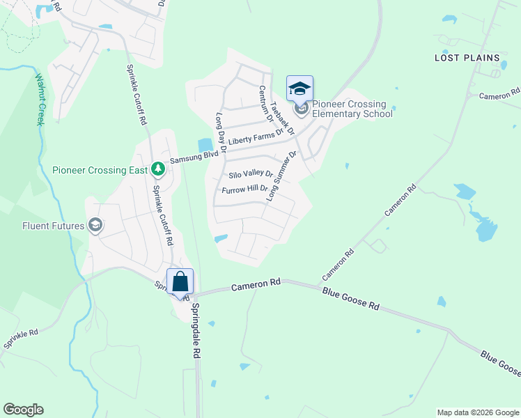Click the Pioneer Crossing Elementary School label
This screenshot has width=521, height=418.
(x=352, y=109)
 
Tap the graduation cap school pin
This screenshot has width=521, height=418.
(x=300, y=88)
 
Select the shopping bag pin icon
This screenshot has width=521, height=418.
(x=180, y=282)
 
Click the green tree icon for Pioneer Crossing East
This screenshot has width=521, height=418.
(x=158, y=169)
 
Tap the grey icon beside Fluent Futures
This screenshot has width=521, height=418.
(x=95, y=224)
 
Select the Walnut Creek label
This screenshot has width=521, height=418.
(x=39, y=99)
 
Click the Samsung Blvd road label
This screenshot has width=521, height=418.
(x=190, y=157)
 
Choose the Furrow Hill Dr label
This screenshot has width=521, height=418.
(x=244, y=189)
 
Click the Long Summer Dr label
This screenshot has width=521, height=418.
(x=281, y=175)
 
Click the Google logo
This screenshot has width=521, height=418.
(x=23, y=410)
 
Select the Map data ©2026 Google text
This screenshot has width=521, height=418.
(x=478, y=412)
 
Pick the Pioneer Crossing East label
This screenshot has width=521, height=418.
(x=100, y=169)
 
